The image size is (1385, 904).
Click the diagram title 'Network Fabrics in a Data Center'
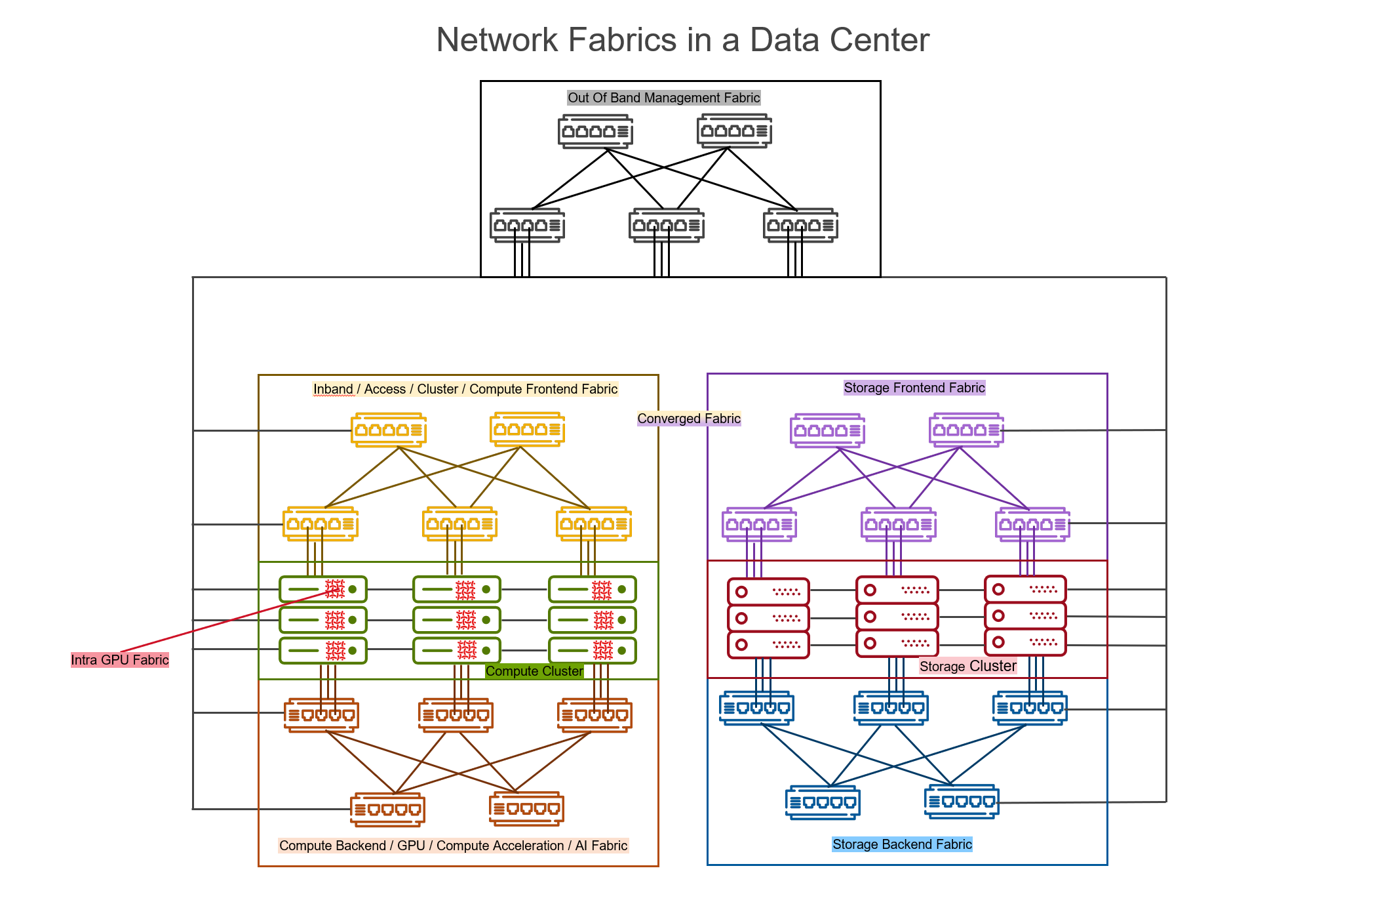point(682,40)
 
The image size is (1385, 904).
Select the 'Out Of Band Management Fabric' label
point(663,98)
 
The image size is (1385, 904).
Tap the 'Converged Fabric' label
point(688,419)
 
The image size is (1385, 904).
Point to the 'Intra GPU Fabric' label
point(120,660)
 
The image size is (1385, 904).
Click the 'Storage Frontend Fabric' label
point(914,388)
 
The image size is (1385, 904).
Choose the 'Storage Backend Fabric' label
point(902,844)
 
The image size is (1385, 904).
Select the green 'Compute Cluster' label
point(534,671)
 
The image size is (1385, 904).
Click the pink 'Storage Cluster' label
point(967,666)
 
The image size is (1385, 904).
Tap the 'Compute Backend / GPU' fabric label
point(453,846)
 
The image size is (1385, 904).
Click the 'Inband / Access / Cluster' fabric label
point(465,389)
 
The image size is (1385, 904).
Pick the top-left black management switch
point(595,131)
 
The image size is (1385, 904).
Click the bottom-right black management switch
point(800,226)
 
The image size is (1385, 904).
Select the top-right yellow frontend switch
point(528,430)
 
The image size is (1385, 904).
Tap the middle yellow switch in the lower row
point(459,524)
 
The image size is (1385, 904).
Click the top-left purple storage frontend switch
point(827,430)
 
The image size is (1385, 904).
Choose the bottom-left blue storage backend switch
point(823,802)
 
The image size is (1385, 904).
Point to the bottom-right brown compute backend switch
point(526,808)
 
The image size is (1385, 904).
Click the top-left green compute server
point(322,589)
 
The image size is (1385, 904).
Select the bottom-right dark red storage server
point(1025,642)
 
